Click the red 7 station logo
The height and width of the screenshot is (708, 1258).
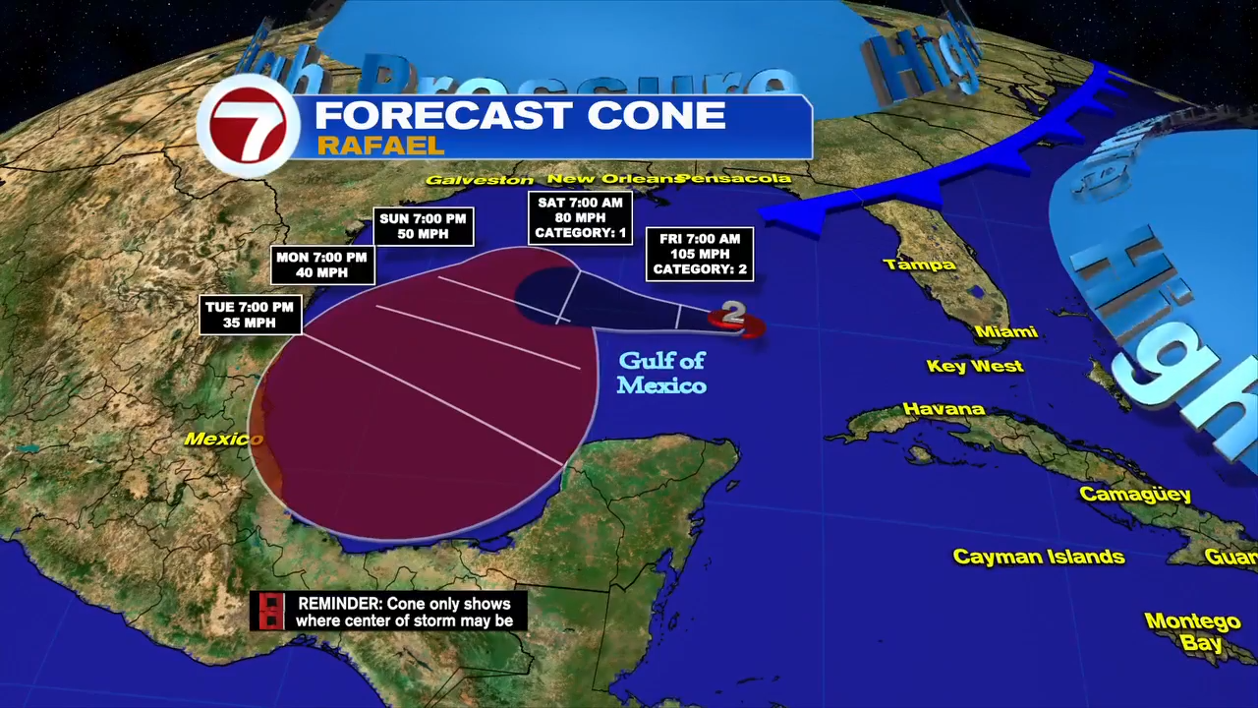(248, 126)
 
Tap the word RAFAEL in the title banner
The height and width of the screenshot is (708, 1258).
(380, 146)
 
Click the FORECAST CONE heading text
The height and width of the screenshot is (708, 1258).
(520, 115)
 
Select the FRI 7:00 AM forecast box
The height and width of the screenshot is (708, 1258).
(700, 255)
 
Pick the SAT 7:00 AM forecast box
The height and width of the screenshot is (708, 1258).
(579, 218)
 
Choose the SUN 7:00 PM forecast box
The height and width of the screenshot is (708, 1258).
(425, 227)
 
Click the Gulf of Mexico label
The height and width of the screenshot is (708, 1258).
(661, 374)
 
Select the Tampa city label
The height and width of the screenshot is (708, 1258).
(919, 265)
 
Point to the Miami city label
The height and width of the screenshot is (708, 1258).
(1006, 332)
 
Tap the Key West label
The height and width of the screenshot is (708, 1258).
(975, 367)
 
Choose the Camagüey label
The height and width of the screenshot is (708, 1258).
(1135, 494)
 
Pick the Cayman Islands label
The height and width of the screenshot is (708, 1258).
(1039, 558)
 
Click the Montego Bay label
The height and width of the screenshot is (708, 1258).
(1192, 632)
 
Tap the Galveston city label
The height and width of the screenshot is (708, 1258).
(480, 180)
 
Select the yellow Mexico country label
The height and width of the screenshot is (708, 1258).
(222, 439)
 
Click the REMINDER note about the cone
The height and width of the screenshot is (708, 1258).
(389, 612)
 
